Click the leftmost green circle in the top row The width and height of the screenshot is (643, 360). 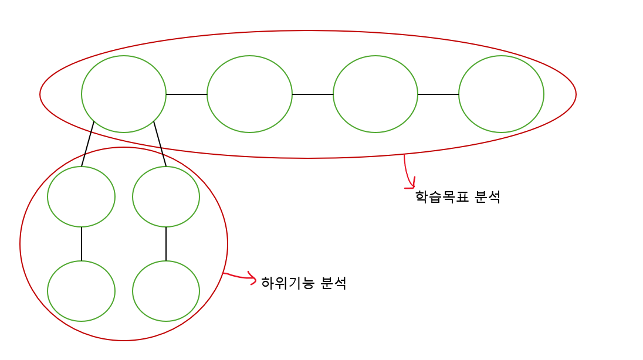tap(124, 94)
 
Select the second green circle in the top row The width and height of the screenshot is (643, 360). tap(249, 94)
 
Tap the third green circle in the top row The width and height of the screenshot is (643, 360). tap(375, 94)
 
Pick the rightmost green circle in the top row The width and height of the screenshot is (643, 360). tap(501, 94)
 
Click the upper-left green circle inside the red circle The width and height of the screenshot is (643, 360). tap(81, 196)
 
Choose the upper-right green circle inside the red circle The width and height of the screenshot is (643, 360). tap(166, 196)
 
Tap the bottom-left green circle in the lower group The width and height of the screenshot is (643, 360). tap(81, 291)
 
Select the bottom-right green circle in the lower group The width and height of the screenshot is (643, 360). tap(166, 291)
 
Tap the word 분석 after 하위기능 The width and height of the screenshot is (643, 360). tap(333, 283)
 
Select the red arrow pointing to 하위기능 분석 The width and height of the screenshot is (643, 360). tap(241, 277)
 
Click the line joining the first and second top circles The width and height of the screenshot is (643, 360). tap(187, 94)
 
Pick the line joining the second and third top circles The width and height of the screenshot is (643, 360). tap(313, 94)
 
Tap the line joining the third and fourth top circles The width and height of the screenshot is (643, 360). tap(438, 94)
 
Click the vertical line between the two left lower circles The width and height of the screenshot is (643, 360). tap(82, 243)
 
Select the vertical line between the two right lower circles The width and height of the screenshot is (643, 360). tap(166, 243)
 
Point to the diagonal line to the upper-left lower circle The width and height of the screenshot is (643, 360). tap(88, 144)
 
